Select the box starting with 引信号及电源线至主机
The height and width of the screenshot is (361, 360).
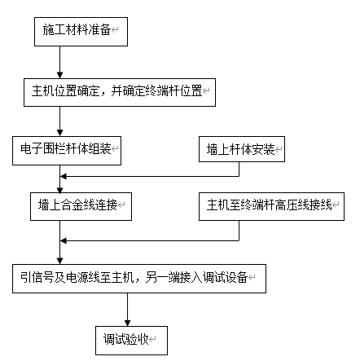pyautogui.click(x=138, y=278)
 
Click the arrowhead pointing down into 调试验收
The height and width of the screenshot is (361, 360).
pyautogui.click(x=127, y=319)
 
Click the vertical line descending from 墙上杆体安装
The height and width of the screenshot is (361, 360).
pyautogui.click(x=239, y=168)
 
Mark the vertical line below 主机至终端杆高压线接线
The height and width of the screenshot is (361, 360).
pyautogui.click(x=239, y=228)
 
